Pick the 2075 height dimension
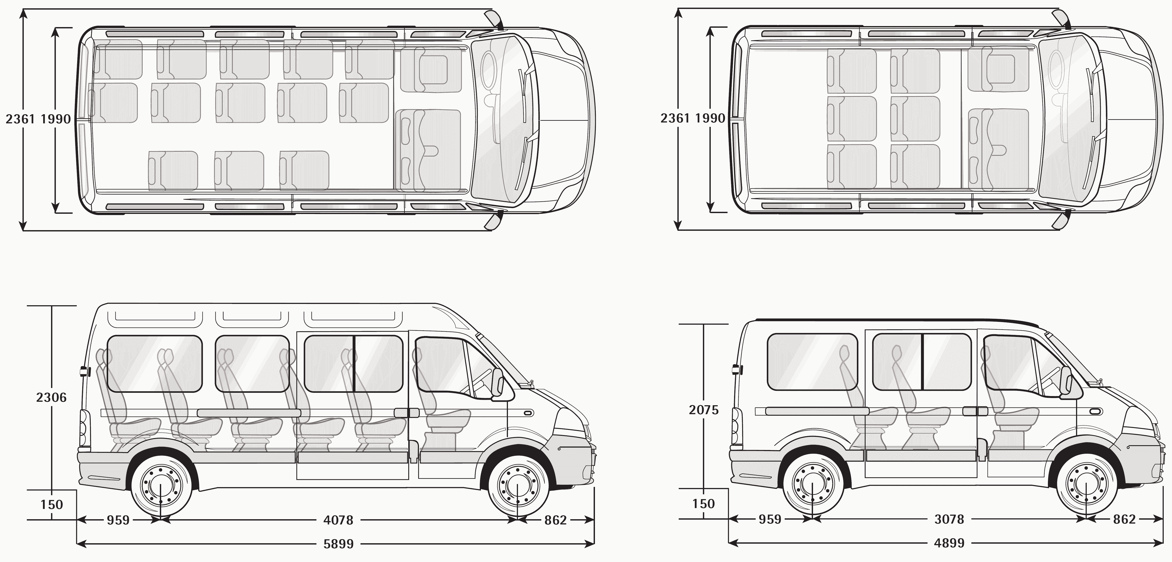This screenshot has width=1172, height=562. point(703,410)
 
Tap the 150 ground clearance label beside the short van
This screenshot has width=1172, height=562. point(703,504)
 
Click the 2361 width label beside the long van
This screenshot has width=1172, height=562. point(19,119)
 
